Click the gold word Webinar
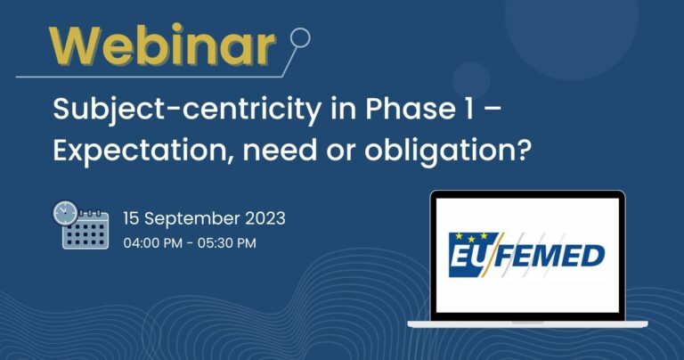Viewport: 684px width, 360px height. tap(162, 45)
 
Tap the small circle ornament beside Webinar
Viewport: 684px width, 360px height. tap(300, 38)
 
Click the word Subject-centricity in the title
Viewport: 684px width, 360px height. tap(187, 110)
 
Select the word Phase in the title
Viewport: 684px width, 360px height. tap(411, 108)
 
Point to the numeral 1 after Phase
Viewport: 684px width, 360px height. tap(469, 109)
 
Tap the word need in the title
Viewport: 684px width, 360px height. tap(280, 150)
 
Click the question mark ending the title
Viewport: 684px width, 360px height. tap(524, 150)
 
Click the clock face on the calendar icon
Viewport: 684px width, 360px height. tap(65, 213)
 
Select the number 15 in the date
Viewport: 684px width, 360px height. tap(131, 218)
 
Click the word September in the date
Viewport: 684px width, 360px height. tap(192, 219)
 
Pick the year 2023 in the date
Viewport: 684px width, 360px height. tap(265, 218)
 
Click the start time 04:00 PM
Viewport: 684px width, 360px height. tap(152, 243)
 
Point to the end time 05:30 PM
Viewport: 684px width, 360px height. tap(227, 243)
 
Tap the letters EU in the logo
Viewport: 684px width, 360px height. tap(465, 257)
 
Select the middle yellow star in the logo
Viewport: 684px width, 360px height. tap(471, 239)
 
